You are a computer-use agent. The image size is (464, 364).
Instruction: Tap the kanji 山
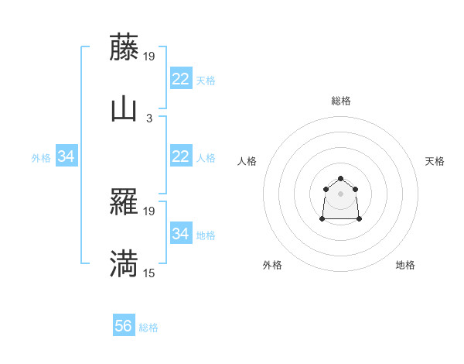click(x=124, y=109)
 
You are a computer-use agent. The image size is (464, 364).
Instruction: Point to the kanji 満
click(x=124, y=265)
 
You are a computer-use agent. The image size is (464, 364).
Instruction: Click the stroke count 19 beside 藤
click(x=149, y=56)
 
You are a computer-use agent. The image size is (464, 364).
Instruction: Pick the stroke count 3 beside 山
click(x=149, y=118)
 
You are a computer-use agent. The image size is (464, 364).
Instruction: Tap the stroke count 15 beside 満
click(x=149, y=273)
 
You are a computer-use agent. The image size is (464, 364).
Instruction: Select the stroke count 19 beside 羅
click(x=149, y=211)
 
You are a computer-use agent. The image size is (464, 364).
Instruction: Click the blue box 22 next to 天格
click(x=180, y=78)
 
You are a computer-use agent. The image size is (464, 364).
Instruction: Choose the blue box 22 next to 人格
click(x=180, y=156)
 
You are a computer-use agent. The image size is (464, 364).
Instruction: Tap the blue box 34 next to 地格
click(x=180, y=233)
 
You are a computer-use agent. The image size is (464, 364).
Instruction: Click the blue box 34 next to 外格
click(x=66, y=156)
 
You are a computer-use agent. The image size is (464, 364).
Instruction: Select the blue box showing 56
click(x=124, y=326)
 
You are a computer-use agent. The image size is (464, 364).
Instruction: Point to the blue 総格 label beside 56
click(x=148, y=328)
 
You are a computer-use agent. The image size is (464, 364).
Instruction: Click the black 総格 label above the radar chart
click(x=341, y=101)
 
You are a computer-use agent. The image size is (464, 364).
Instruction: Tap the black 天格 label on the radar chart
click(x=435, y=161)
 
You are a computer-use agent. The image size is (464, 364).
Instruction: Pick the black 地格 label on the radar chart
click(x=405, y=265)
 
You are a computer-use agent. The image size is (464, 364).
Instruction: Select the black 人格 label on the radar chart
click(x=247, y=161)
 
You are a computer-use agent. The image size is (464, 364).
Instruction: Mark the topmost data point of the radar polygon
click(x=341, y=180)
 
